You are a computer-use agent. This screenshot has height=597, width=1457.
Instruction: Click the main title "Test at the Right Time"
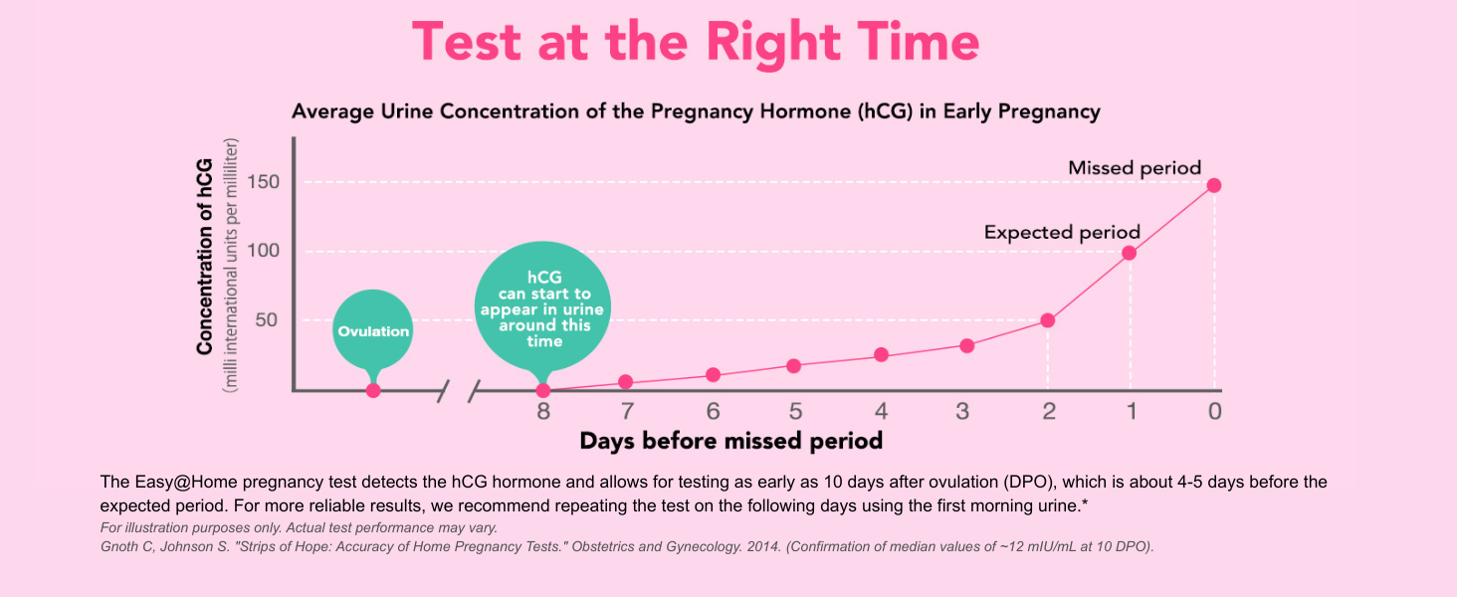tap(696, 42)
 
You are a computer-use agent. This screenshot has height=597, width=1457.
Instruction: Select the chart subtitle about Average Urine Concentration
tap(696, 111)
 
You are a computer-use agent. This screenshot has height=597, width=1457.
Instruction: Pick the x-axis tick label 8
tap(543, 411)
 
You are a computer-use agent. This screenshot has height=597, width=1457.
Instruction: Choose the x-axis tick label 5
tap(795, 411)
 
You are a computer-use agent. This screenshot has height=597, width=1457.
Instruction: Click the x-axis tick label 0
tap(1214, 411)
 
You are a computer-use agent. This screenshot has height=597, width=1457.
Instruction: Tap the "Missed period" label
tap(1135, 168)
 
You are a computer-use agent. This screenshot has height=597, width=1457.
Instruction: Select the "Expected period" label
tap(1062, 233)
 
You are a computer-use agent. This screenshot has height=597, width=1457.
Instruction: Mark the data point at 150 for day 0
tap(1214, 185)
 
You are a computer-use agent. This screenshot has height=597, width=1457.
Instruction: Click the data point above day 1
tap(1130, 253)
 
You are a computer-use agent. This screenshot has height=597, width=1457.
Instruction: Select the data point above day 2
tap(1048, 320)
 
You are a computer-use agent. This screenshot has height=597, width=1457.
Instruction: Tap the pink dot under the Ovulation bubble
tap(373, 390)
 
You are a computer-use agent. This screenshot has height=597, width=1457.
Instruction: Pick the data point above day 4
tap(881, 355)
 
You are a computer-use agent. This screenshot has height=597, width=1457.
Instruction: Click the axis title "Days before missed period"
tap(731, 440)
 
